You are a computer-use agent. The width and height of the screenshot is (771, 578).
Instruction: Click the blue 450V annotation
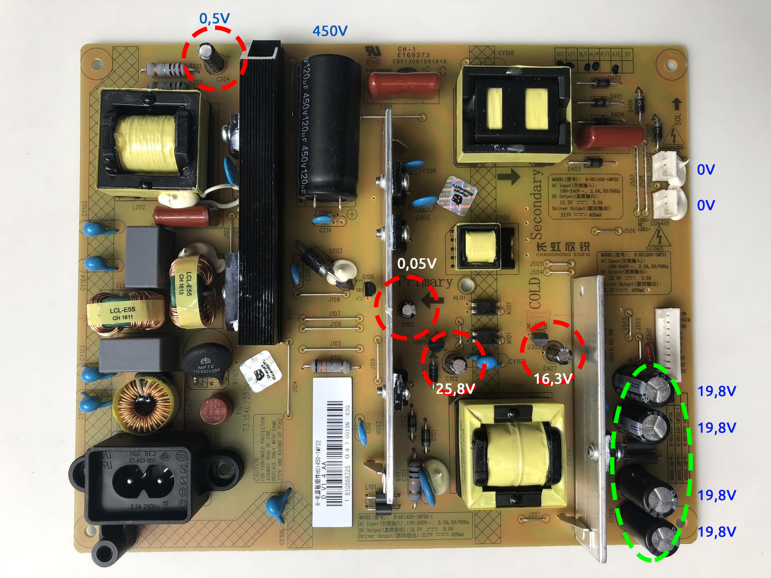(330, 31)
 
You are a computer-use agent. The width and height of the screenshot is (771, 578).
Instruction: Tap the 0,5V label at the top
(214, 18)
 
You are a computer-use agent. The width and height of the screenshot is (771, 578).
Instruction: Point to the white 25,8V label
(455, 388)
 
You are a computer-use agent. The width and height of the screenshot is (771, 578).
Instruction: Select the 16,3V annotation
(553, 379)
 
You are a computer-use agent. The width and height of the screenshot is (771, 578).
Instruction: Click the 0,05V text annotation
(417, 263)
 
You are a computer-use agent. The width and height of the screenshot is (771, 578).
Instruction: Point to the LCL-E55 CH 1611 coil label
(123, 314)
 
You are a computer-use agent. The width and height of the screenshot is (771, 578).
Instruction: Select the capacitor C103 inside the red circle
(409, 309)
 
